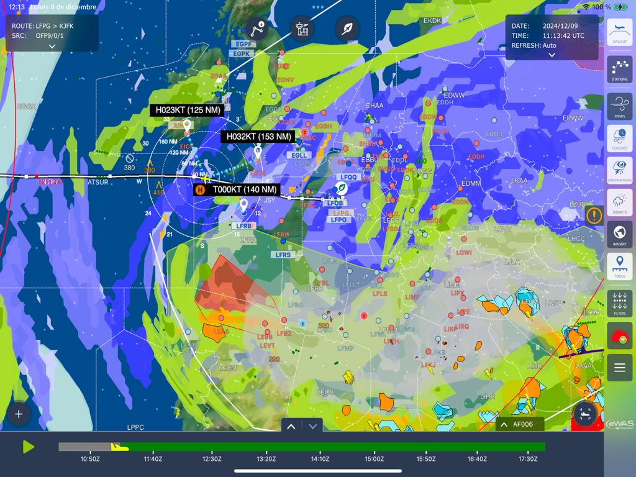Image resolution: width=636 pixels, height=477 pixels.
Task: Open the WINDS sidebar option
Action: coord(619,106)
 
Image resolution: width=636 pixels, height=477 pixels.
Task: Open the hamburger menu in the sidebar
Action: coord(619,368)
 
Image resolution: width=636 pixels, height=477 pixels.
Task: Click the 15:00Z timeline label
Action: coord(374,459)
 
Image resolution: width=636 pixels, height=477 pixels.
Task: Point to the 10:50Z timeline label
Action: coord(90,459)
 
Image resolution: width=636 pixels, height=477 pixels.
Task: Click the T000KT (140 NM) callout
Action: coord(245,189)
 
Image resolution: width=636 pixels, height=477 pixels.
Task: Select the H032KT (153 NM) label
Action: coord(258,137)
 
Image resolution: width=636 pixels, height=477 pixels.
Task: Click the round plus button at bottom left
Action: coord(19,414)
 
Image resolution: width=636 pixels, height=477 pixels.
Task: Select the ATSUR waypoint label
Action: coord(98,182)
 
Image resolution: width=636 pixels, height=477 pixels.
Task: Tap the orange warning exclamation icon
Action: coord(594,216)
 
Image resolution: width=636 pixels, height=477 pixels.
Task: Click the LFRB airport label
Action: coord(243,226)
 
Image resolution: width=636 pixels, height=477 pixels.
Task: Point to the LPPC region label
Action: coord(135,427)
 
